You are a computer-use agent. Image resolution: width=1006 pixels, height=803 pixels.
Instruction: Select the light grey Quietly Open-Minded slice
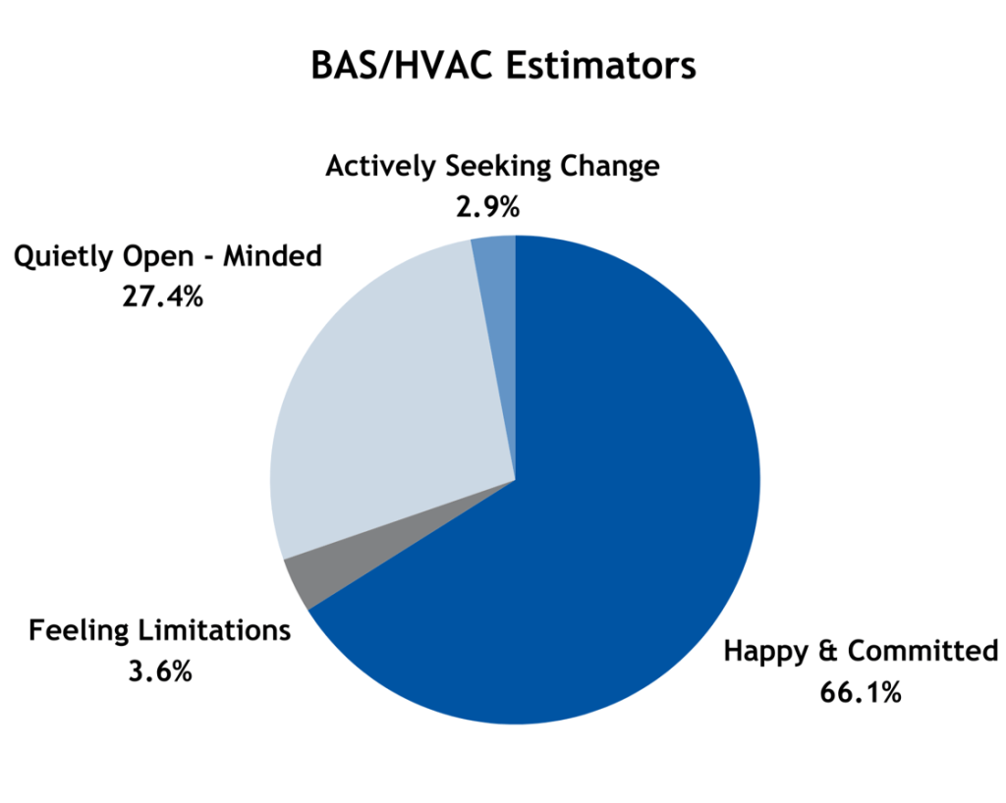click(x=378, y=398)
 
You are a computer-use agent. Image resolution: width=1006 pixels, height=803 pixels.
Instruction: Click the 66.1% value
click(x=861, y=693)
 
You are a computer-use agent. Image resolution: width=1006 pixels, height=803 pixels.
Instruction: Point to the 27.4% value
click(x=162, y=296)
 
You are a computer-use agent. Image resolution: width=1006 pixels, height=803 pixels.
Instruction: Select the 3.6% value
click(x=160, y=671)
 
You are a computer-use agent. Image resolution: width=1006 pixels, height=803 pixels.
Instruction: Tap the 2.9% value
click(x=487, y=207)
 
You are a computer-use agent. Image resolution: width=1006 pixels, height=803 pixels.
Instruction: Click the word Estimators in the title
click(x=600, y=66)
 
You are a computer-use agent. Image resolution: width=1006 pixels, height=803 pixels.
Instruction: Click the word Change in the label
click(x=609, y=166)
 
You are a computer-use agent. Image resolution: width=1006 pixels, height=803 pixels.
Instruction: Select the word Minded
click(x=273, y=255)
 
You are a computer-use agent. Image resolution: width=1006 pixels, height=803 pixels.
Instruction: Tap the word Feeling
click(x=79, y=631)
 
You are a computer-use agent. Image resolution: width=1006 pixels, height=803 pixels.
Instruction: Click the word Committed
click(x=923, y=651)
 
